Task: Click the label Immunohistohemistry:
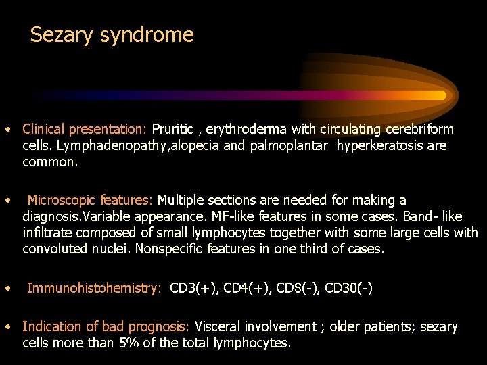[94, 288]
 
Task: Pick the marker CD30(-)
[348, 288]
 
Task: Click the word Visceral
[221, 326]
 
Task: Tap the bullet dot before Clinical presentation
[6, 129]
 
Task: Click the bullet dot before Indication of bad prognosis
[6, 327]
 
